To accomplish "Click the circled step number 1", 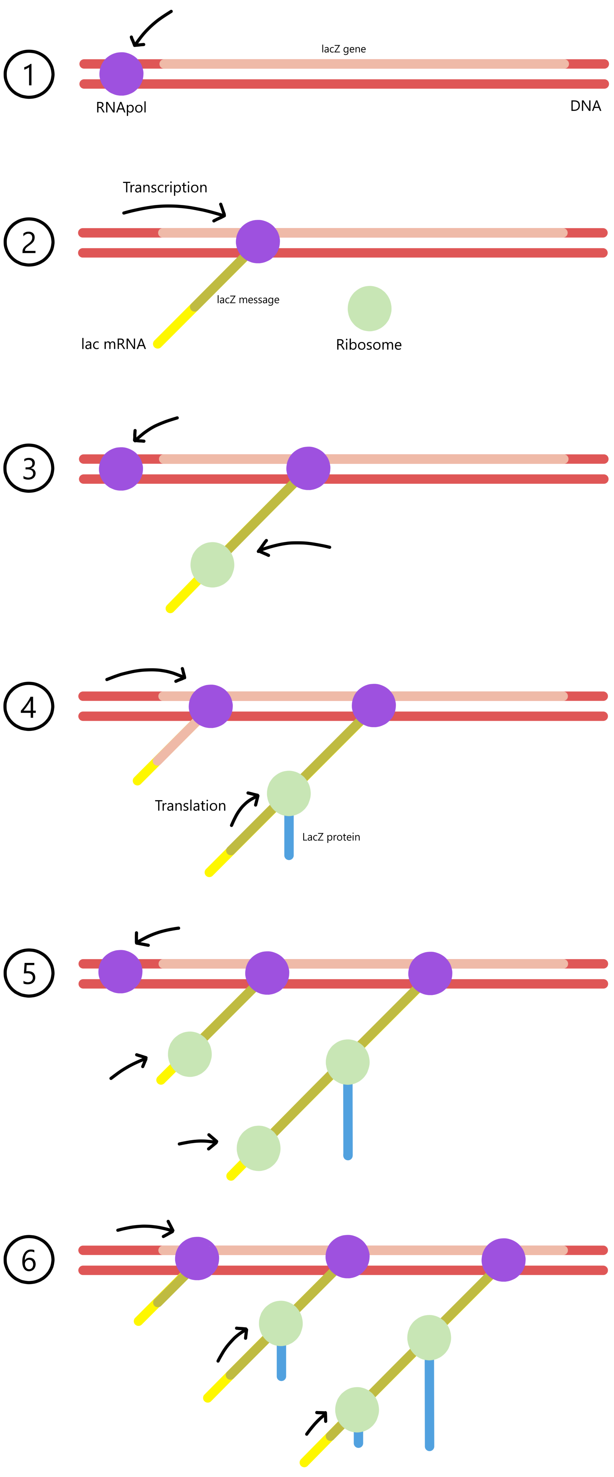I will coord(29,75).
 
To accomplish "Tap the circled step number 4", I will coord(29,706).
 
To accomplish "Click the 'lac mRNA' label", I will coord(113,344).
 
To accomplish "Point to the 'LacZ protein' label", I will coord(331,837).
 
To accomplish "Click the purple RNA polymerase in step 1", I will coord(121,74).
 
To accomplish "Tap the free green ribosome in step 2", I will coord(370,309).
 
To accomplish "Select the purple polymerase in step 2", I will coord(258,242).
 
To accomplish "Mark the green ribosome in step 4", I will coord(289,794).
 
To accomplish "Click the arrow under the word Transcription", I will coord(175,210).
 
